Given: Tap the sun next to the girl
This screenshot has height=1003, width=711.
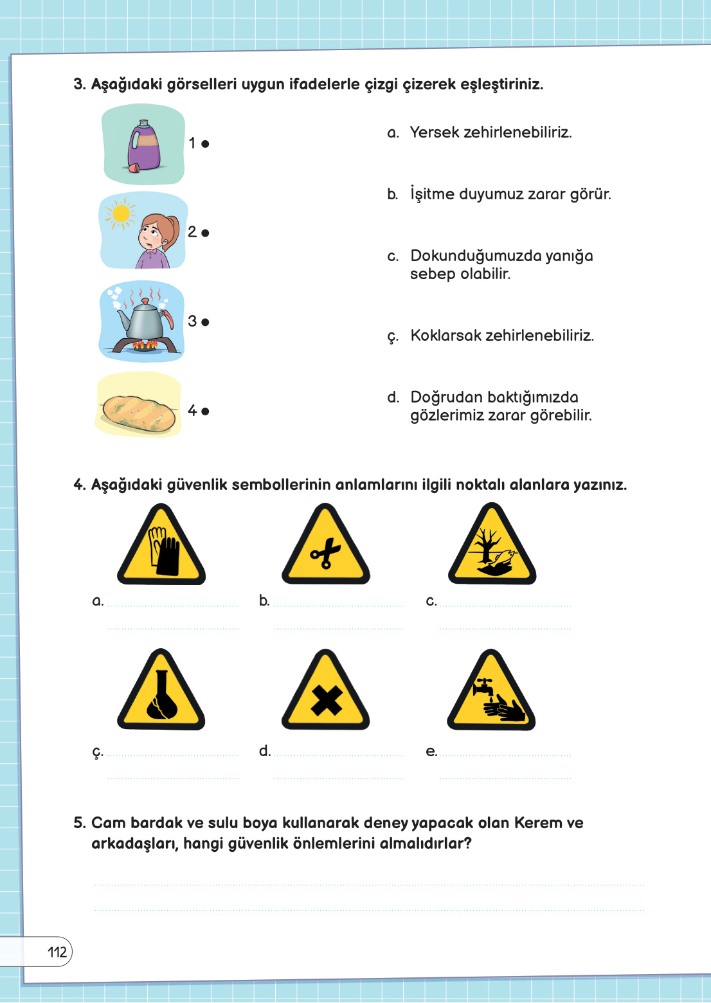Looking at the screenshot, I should [120, 214].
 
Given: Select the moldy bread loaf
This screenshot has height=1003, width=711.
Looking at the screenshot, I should [139, 413].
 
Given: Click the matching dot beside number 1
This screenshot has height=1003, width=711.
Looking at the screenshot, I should [205, 144].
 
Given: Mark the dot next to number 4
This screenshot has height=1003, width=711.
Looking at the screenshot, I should [205, 411].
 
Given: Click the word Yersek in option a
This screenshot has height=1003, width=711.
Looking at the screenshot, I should [435, 132].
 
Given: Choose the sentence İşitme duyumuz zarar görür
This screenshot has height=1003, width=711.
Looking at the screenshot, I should [510, 194].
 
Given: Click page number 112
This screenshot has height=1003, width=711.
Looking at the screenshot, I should [57, 952].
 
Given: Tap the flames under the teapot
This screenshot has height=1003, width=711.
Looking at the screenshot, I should [145, 345].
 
